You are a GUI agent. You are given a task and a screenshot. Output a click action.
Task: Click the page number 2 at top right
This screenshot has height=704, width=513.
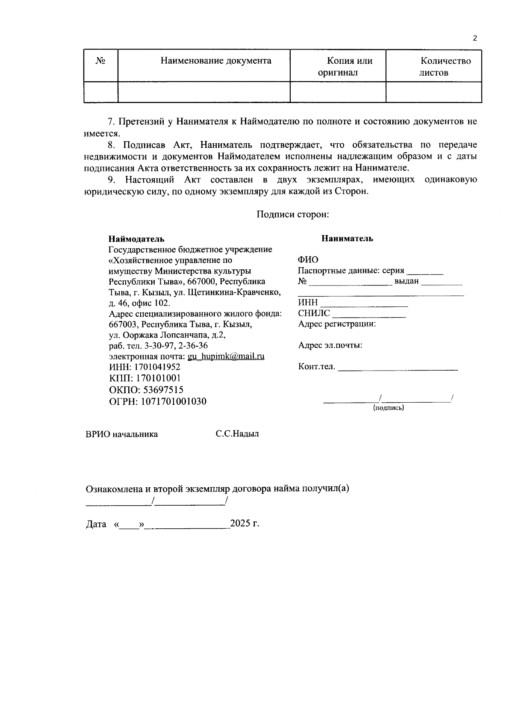pos(475,38)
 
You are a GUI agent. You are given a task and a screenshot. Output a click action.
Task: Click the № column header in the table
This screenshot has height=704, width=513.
pos(100,61)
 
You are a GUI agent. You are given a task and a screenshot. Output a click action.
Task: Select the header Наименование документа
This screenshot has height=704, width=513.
pos(216,61)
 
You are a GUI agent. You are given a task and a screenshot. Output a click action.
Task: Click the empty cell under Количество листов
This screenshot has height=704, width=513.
pos(434,92)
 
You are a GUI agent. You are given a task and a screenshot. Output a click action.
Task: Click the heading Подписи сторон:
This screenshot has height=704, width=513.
pos(292,214)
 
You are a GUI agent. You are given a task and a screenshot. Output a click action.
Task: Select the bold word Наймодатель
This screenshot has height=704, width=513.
pos(136,239)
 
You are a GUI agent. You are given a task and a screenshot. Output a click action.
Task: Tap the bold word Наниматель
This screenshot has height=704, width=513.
pos(347,239)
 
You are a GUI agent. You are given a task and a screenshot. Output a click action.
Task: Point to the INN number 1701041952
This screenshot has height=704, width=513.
pos(157,367)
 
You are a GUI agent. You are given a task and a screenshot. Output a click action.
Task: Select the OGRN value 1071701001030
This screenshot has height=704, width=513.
pos(171,401)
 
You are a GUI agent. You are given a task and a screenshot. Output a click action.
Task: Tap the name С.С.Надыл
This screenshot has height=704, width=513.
pos(237,434)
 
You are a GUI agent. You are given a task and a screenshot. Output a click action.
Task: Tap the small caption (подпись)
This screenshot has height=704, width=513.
pos(389,408)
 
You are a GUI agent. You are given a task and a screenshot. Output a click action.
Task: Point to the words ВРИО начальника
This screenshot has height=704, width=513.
pos(122,434)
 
